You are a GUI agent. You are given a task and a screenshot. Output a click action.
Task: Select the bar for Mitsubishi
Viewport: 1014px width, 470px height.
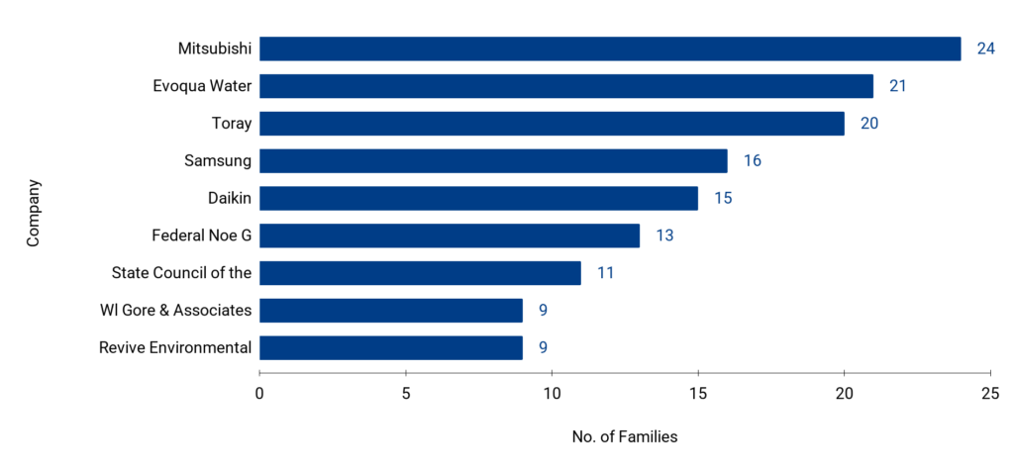[610, 48]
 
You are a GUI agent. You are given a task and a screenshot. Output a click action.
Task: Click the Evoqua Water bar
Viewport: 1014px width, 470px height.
[566, 86]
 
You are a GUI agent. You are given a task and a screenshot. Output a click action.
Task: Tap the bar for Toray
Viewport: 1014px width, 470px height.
[552, 124]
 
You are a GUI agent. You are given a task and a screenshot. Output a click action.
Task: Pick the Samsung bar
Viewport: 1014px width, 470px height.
[493, 160]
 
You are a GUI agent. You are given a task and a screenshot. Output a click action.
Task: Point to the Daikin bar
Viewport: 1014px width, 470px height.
[478, 198]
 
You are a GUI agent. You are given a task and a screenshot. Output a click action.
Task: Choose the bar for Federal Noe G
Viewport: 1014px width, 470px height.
[450, 235]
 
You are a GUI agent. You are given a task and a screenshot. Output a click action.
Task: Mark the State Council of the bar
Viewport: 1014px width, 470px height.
[420, 273]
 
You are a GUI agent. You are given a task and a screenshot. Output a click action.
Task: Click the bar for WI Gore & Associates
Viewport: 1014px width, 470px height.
[391, 311]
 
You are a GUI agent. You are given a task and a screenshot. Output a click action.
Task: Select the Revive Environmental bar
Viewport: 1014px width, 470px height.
[391, 347]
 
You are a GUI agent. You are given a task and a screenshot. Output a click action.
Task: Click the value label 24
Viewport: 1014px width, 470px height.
[985, 48]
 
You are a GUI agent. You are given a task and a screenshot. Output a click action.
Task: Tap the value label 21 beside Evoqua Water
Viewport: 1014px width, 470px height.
[898, 86]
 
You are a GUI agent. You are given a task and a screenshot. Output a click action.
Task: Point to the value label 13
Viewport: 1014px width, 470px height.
[664, 235]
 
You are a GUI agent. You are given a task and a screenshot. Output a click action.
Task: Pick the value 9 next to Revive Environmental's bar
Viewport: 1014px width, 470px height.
[543, 347]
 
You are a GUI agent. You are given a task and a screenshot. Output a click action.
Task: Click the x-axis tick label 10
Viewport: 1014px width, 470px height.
[552, 393]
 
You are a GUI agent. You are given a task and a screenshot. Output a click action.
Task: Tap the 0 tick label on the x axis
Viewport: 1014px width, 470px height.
[259, 393]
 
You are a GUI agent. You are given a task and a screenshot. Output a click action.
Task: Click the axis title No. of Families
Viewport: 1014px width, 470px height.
[625, 436]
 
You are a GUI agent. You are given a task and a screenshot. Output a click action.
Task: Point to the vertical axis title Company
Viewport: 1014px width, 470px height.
[34, 213]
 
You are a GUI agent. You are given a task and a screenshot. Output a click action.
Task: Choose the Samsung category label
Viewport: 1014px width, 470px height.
[218, 160]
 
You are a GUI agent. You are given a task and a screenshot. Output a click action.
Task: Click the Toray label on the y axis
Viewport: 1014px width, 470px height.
[232, 124]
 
